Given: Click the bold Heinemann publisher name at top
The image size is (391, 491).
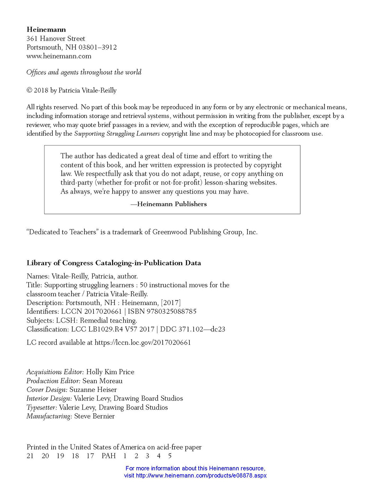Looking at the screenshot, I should [x=46, y=30].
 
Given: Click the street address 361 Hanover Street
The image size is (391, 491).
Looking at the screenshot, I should [x=56, y=39].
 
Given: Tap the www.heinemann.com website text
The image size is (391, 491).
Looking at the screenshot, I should [x=59, y=56].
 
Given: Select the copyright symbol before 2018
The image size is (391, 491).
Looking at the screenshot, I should [x=29, y=90].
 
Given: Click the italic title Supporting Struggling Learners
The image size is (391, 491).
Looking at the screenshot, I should [x=117, y=134].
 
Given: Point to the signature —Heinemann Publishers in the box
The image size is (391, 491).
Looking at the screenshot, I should [x=169, y=204].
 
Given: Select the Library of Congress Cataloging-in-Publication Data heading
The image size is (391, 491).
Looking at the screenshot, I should [x=114, y=263].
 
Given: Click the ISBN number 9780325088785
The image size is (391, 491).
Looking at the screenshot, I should [x=172, y=312].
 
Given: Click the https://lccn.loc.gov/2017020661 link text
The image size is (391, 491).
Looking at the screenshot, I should [x=143, y=343].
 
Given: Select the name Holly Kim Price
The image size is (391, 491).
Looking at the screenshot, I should [x=110, y=372].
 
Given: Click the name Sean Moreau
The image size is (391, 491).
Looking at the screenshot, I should [x=102, y=381].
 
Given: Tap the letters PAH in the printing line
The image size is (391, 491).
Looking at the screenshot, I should [x=109, y=456].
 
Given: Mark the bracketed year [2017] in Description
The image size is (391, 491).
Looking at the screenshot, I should [x=171, y=303].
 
